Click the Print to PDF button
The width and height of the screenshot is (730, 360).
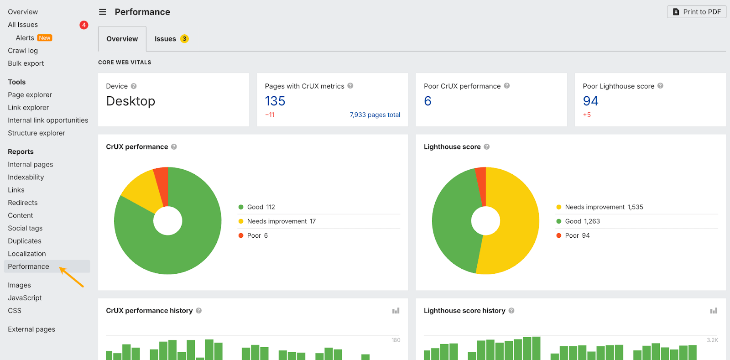(696, 12)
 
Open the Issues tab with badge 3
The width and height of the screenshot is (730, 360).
(171, 39)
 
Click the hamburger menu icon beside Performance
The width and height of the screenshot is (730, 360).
(103, 12)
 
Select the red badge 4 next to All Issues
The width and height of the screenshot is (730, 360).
(84, 25)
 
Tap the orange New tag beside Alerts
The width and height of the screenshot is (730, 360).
(45, 38)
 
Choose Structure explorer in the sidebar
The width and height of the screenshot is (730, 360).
(36, 133)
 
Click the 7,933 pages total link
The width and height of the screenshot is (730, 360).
(375, 115)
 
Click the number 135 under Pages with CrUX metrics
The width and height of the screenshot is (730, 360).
(275, 101)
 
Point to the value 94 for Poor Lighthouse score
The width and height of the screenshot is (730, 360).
(590, 101)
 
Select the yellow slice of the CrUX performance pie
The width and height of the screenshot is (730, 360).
(141, 189)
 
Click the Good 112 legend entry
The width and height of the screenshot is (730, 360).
(261, 207)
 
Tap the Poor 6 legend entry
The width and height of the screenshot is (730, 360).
(257, 236)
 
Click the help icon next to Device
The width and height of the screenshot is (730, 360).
(134, 86)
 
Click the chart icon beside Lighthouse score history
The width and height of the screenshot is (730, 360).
(714, 311)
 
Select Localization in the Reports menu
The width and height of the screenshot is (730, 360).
(27, 254)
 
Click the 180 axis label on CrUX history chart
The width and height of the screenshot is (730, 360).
(396, 340)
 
